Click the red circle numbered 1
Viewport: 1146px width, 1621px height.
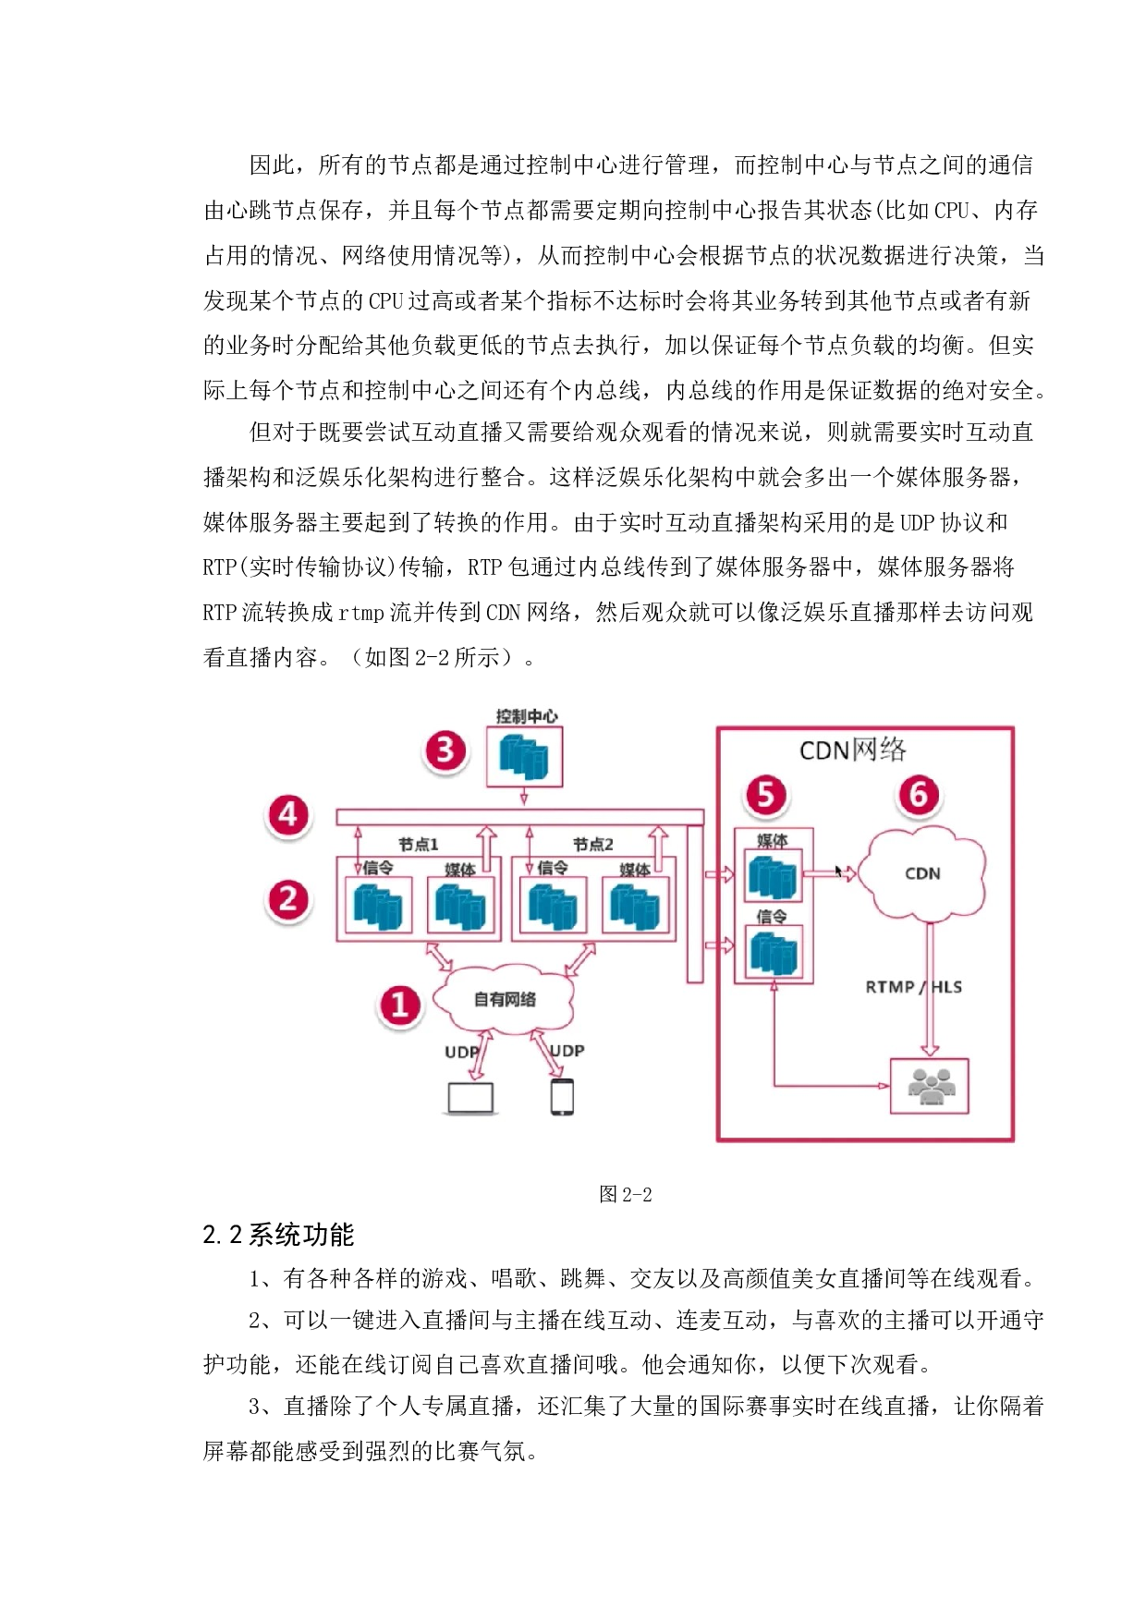[399, 1006]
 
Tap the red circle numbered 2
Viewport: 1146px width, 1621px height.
[288, 899]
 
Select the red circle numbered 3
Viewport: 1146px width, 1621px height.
[445, 750]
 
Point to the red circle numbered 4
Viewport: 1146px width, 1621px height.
[288, 815]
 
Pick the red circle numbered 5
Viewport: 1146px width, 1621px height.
[766, 796]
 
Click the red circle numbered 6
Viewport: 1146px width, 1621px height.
[919, 795]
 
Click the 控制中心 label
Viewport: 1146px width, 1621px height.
[526, 716]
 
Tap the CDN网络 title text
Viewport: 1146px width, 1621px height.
[852, 750]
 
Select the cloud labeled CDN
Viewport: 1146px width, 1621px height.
[922, 874]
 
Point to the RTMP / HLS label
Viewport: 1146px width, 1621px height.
[913, 987]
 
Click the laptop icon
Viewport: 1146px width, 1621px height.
[470, 1098]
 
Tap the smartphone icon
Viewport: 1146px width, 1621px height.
[562, 1097]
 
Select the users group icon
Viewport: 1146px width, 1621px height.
[930, 1086]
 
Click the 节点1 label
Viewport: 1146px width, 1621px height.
[419, 845]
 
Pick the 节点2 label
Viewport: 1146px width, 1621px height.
[592, 845]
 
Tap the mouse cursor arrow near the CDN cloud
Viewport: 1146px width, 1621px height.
[839, 871]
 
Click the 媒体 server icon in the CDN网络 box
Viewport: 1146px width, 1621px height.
[773, 877]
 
